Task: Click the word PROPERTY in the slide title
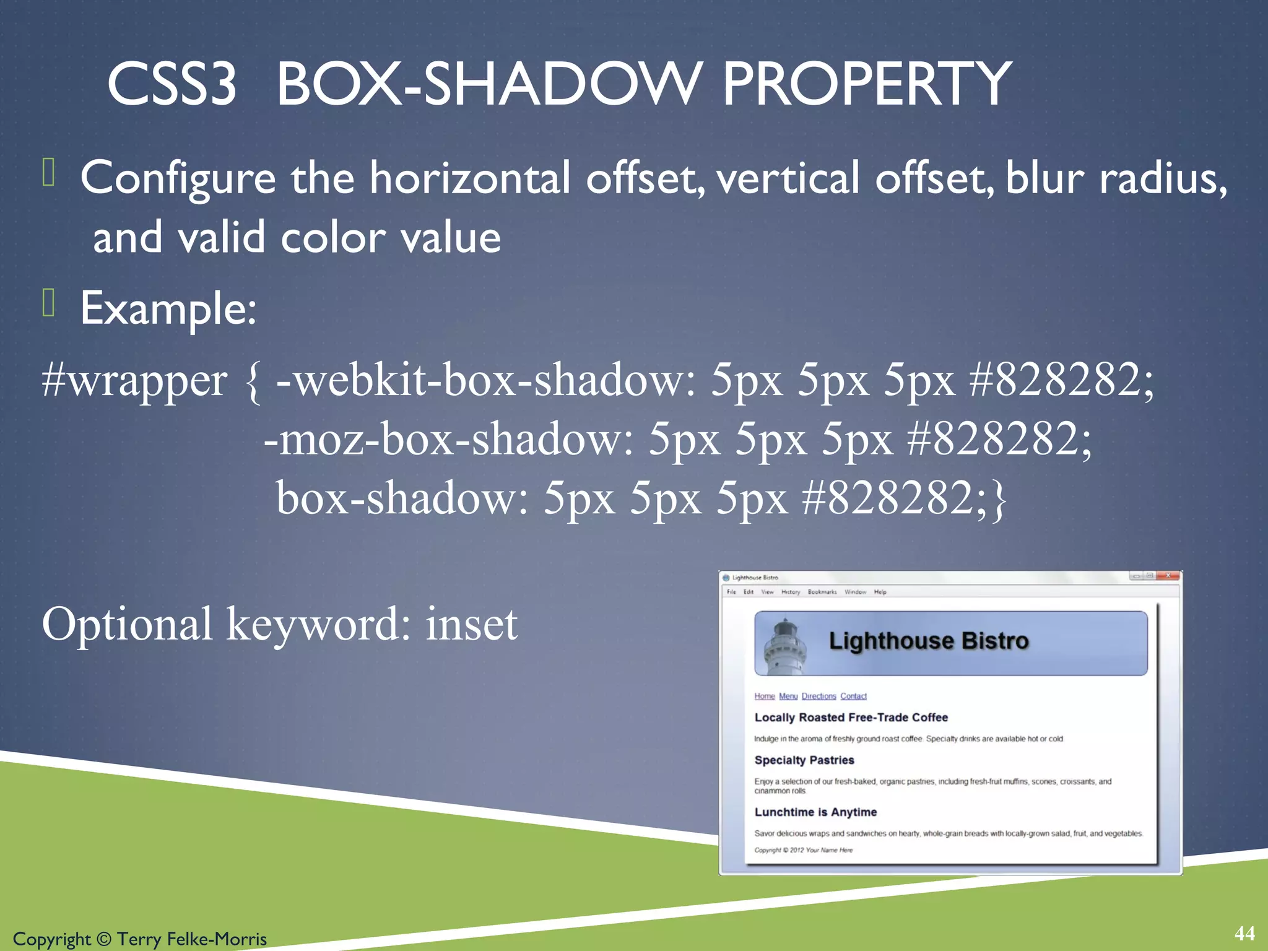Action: (x=867, y=84)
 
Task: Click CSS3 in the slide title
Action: (x=172, y=84)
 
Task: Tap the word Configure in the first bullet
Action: (x=178, y=178)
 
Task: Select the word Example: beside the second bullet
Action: (x=168, y=308)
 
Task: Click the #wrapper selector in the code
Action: (x=134, y=380)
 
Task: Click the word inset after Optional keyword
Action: (x=471, y=624)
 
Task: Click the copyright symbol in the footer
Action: (x=103, y=939)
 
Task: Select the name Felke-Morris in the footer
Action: (x=216, y=939)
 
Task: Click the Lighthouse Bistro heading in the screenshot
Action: (x=928, y=641)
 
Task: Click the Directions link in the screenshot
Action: (x=819, y=696)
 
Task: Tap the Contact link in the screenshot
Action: (x=853, y=696)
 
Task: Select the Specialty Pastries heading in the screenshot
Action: (x=804, y=760)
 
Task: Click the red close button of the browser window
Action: (x=1168, y=576)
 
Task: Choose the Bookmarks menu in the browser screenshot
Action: (x=822, y=592)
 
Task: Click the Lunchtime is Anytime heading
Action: (x=815, y=812)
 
